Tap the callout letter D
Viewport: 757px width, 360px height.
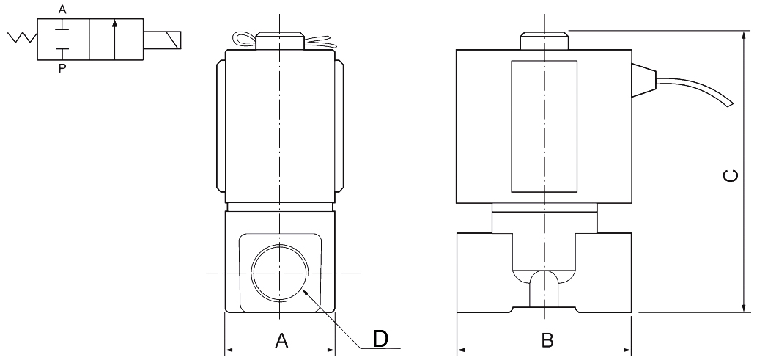380,338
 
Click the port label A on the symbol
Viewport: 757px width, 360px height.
62,10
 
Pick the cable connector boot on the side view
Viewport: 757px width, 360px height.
642,80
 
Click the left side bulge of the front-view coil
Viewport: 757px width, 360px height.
221,125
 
